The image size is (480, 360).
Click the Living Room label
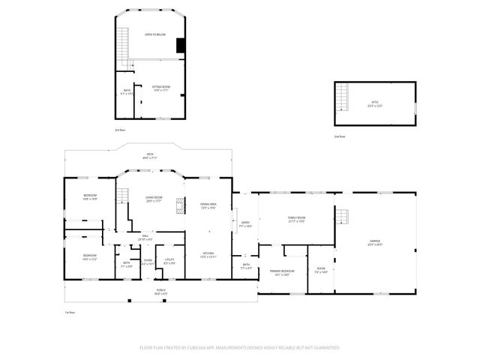coord(154,199)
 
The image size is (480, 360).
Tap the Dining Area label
coord(208,206)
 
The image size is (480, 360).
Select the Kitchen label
coord(208,255)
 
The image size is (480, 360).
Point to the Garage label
coord(374,242)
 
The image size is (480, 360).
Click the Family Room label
coord(297,219)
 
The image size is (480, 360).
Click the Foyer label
coord(148,261)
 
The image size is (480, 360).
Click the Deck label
coord(150,156)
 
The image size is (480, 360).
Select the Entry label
coord(245,223)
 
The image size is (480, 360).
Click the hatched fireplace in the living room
coord(179,205)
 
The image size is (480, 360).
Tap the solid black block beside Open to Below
coord(180,46)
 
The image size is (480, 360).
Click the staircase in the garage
coord(342,217)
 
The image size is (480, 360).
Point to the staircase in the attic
coord(343,96)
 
